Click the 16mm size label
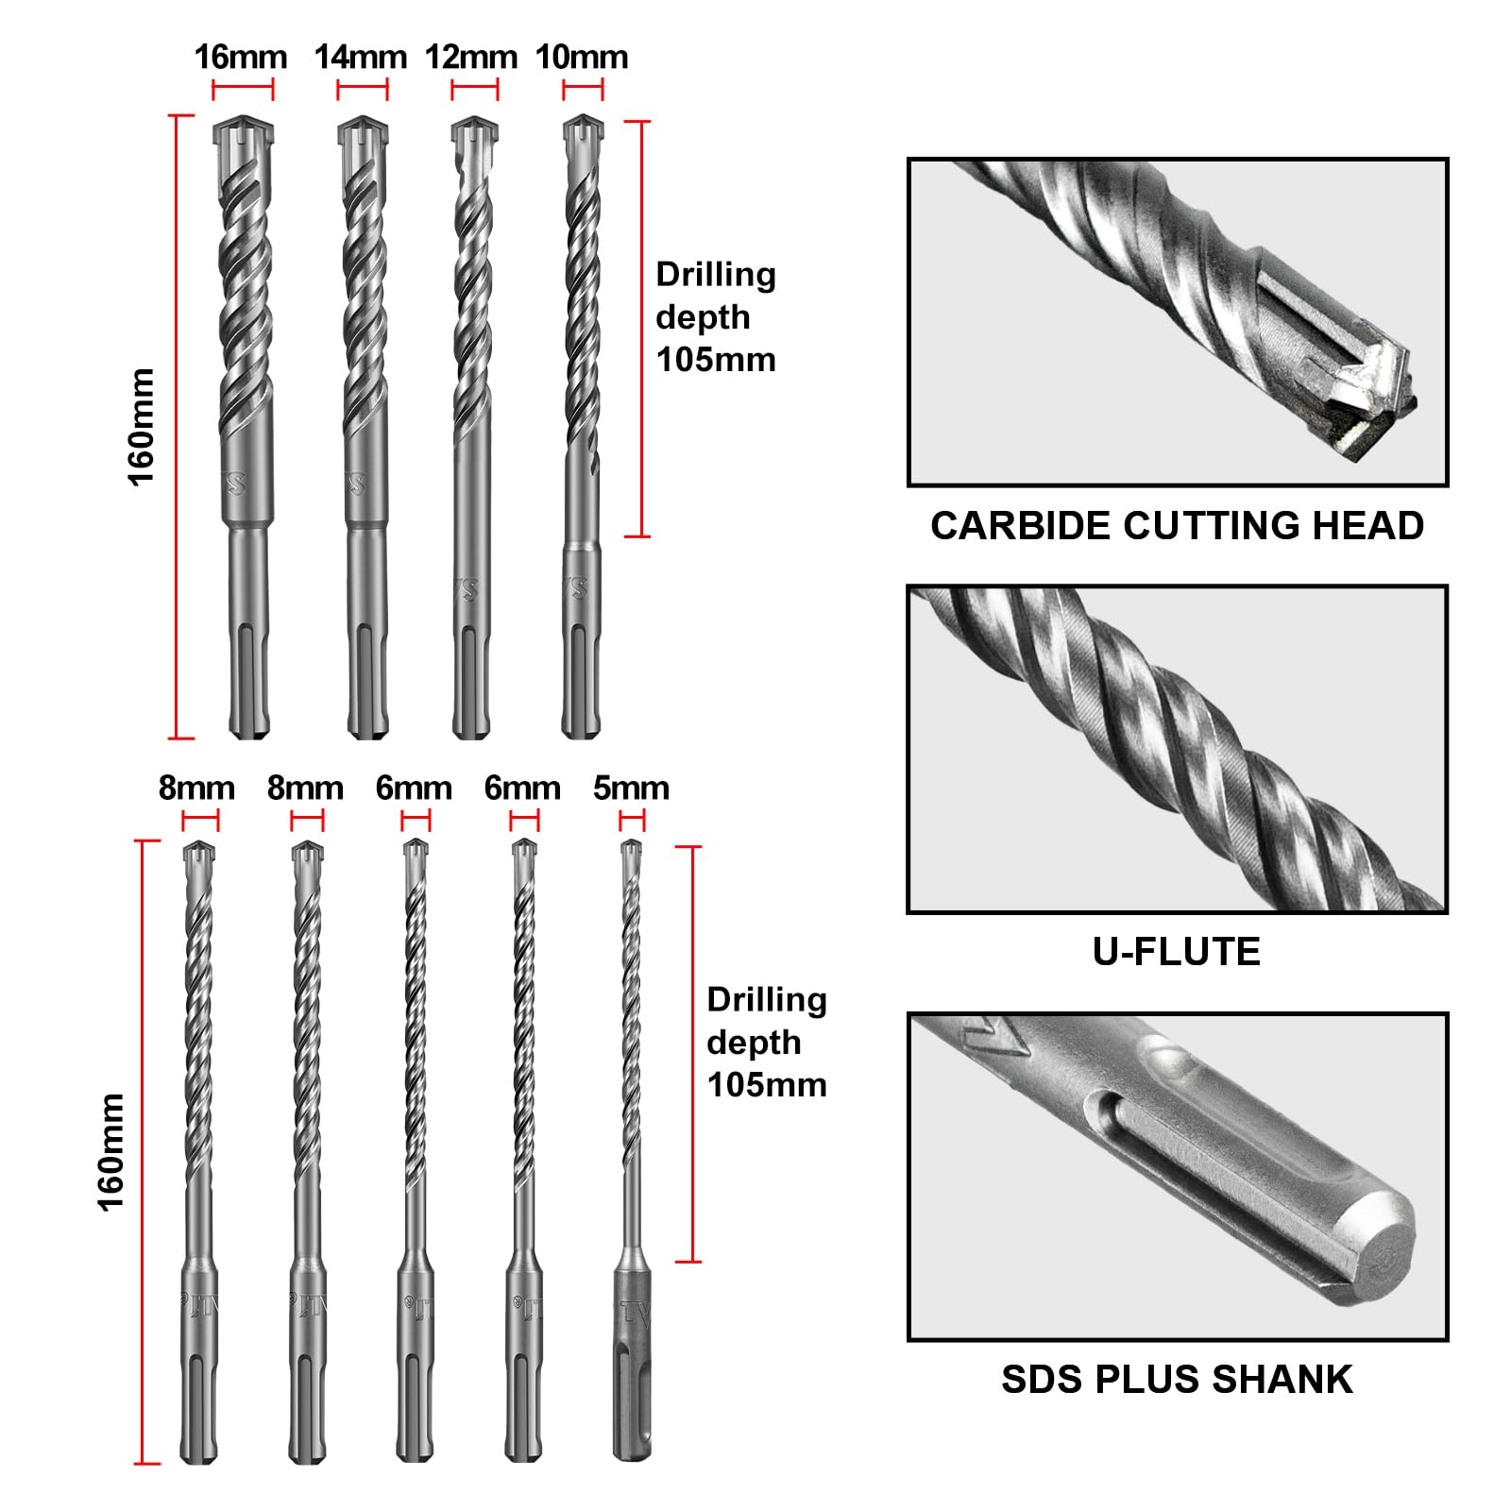(241, 58)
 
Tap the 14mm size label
(361, 58)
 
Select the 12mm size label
(471, 58)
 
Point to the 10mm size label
(582, 58)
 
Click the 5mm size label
(631, 788)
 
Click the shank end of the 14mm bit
(368, 731)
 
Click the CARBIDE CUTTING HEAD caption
(1178, 526)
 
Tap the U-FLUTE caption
(1177, 952)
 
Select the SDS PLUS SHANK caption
(1178, 1380)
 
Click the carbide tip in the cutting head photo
(1360, 387)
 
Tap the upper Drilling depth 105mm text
(716, 317)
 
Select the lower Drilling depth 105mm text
(767, 1043)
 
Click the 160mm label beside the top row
(141, 428)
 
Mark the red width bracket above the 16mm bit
(243, 91)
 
